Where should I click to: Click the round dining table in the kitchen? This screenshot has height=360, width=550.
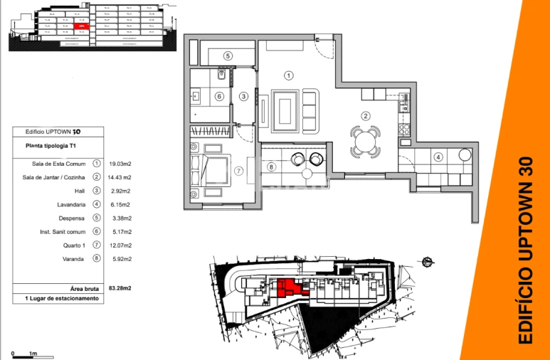[x=365, y=140]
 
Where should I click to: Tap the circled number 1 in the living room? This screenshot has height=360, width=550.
[x=288, y=75]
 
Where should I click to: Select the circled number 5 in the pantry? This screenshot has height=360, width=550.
[x=228, y=55]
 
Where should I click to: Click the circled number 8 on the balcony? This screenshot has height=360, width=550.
[x=271, y=167]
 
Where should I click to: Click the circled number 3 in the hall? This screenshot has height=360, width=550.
[x=243, y=97]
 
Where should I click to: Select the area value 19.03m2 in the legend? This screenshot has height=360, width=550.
[x=120, y=164]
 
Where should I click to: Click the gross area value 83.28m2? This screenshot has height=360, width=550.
[x=120, y=288]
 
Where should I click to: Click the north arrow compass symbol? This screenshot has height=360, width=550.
[x=427, y=262]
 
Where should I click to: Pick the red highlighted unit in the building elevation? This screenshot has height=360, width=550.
[x=83, y=26]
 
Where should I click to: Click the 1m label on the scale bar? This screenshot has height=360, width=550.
[x=33, y=354]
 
